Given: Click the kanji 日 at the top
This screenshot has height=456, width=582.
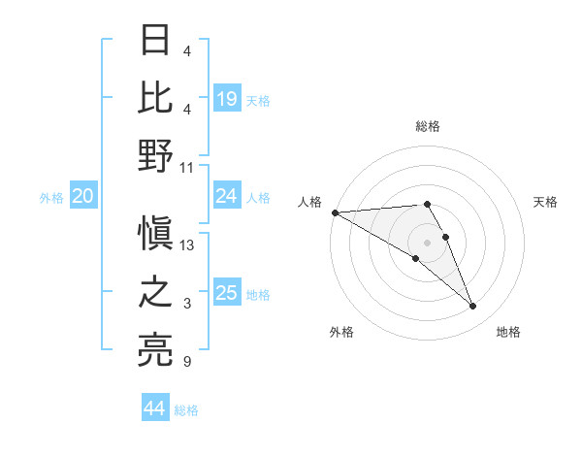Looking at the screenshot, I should tap(155, 41).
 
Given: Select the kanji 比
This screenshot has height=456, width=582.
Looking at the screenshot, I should tap(155, 97).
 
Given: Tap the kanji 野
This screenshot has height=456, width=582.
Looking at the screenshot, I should tap(155, 155).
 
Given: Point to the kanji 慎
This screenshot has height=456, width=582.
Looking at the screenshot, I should tap(155, 234).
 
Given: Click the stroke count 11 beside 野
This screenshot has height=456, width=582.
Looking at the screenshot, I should tap(187, 167).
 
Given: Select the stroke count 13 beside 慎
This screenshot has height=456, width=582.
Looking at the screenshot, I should tap(187, 245).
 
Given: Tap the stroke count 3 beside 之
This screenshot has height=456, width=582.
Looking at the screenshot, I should tap(187, 304).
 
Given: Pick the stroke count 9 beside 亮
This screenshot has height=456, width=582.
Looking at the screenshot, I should tap(187, 362).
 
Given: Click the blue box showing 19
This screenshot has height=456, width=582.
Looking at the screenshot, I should tap(227, 99).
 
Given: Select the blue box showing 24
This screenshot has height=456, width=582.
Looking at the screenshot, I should tap(227, 196).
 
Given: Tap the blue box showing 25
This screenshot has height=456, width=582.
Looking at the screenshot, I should tap(227, 293).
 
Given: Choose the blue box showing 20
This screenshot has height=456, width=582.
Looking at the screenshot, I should tap(82, 196).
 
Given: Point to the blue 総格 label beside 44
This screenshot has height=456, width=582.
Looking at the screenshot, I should tap(187, 410).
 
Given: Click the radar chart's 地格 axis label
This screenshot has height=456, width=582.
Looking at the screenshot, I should tap(508, 332).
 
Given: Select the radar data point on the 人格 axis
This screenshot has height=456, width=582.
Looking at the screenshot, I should tap(335, 212).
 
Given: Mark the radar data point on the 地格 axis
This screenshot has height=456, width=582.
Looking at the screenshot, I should tap(473, 307).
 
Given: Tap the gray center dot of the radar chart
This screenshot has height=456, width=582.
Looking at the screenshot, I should tap(427, 242).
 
